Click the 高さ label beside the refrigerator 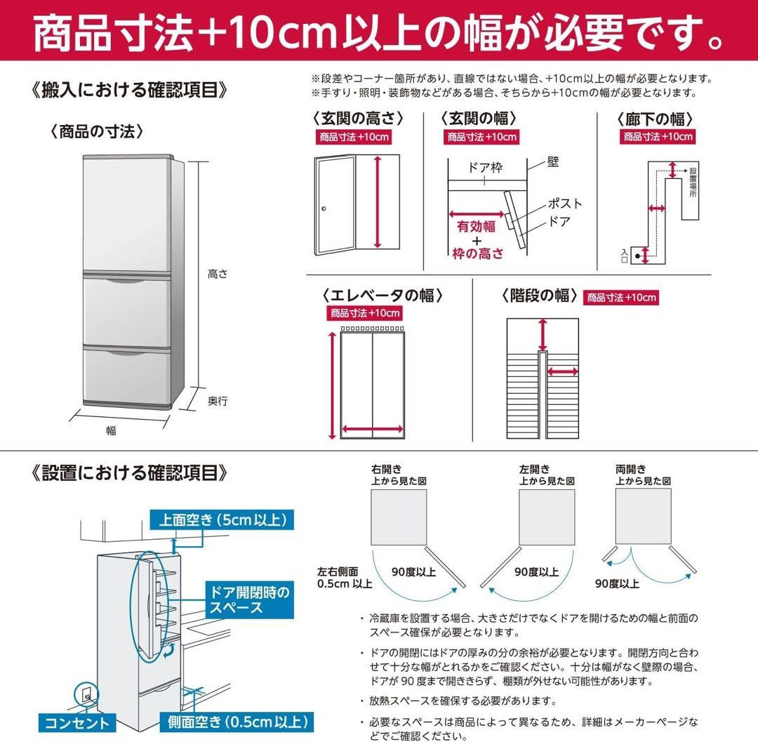[x=218, y=274]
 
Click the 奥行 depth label [x=218, y=401]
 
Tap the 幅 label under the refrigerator [x=111, y=431]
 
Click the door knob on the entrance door [x=324, y=208]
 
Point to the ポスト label [x=565, y=204]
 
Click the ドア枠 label [x=485, y=168]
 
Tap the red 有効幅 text [x=477, y=226]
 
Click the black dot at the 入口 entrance [x=638, y=256]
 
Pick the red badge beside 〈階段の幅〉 [x=621, y=298]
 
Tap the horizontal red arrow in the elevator [x=372, y=430]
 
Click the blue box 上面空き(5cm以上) [x=221, y=520]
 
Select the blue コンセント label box [x=78, y=722]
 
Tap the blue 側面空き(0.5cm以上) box [x=237, y=722]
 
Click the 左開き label [x=534, y=469]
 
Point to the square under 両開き [x=643, y=516]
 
